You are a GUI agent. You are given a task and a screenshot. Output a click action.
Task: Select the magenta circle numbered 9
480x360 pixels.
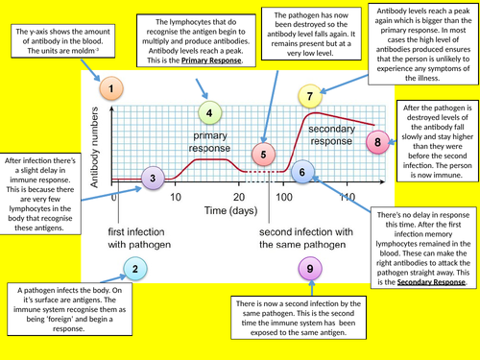[310, 270]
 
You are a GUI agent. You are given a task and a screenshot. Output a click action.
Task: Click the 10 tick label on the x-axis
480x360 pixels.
[176, 197]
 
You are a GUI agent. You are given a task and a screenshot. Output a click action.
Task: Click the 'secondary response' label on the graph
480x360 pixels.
[332, 134]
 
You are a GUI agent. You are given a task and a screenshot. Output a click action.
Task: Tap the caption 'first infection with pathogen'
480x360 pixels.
[143, 238]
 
